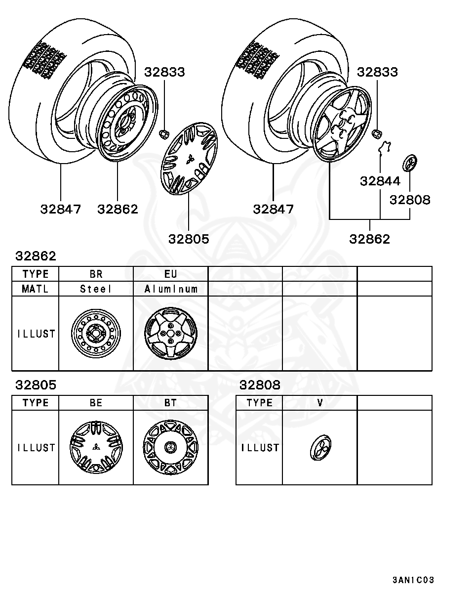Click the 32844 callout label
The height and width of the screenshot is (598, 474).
[380, 181]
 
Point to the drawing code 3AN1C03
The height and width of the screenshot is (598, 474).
[413, 580]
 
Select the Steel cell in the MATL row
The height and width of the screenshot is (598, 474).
[96, 289]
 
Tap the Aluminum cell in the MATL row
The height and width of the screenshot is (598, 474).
[171, 289]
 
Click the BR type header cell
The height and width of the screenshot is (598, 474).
[96, 274]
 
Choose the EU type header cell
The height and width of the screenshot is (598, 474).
[171, 274]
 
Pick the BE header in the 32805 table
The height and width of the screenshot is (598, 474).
[96, 403]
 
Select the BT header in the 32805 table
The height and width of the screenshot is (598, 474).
[171, 403]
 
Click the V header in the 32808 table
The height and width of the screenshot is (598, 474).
[320, 403]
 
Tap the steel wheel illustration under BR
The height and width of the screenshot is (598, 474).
[96, 333]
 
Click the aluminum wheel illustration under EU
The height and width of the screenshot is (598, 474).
[171, 333]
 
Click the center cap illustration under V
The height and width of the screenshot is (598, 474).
[321, 447]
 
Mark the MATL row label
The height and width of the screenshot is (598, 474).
[36, 289]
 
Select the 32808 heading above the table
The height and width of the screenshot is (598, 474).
[260, 385]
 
